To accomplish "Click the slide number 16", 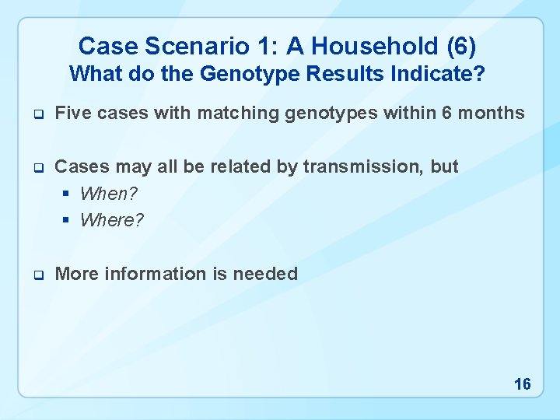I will click(522, 384).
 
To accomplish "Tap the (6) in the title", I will click(461, 47).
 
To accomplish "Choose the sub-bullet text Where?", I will click(112, 220).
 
